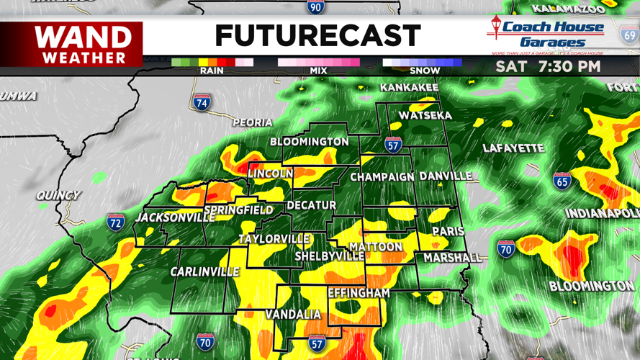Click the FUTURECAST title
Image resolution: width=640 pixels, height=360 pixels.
click(317, 36)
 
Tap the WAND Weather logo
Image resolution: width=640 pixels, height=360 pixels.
click(84, 45)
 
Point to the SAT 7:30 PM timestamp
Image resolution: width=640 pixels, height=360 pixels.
click(548, 67)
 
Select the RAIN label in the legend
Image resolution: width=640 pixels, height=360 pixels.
click(211, 71)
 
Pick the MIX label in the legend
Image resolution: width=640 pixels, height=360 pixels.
click(318, 71)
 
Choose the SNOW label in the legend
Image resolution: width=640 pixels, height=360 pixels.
click(425, 71)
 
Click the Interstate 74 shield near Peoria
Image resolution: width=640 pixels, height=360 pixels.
click(202, 102)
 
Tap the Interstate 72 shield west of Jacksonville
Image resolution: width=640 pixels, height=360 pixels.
click(115, 222)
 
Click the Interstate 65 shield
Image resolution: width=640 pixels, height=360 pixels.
click(562, 181)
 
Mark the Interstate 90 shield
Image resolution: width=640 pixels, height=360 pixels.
click(315, 6)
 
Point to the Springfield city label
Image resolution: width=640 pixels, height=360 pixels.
click(238, 211)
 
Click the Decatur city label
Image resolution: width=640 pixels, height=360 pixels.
click(312, 205)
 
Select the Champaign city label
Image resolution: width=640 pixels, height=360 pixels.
click(382, 177)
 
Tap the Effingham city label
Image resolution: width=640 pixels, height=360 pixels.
click(359, 293)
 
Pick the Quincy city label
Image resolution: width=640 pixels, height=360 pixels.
click(58, 195)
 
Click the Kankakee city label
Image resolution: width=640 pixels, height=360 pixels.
click(409, 88)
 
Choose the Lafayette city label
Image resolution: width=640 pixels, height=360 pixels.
click(513, 148)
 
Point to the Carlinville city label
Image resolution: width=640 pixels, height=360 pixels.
click(204, 272)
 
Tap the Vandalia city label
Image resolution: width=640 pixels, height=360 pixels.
click(293, 315)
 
